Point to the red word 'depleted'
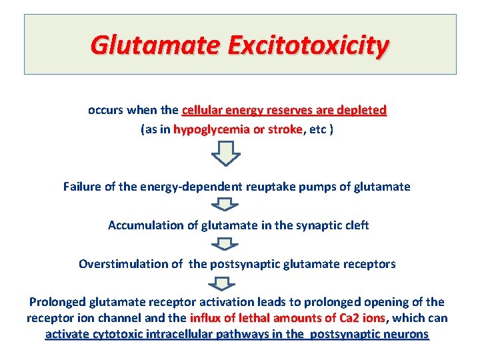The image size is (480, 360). (x=362, y=109)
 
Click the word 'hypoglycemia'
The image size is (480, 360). (x=206, y=129)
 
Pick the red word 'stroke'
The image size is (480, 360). (x=285, y=129)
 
